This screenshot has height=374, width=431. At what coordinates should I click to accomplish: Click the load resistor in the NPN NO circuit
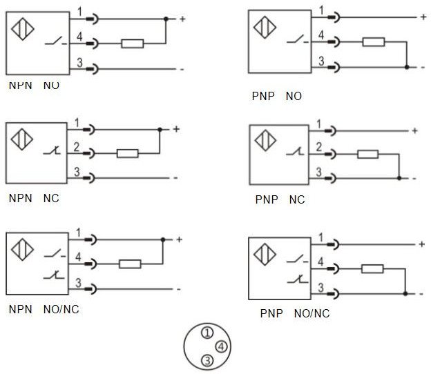pos(132,44)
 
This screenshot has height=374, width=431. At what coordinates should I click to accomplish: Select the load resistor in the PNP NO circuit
pos(373,42)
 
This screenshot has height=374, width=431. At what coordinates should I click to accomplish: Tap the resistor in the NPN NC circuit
pos(128,152)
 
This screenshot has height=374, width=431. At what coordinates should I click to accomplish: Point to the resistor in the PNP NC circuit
pos(368,153)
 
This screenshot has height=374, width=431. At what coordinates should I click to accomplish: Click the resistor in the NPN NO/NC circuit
pos(131,263)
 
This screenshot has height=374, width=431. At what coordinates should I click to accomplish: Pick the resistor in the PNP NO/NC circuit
pos(373,269)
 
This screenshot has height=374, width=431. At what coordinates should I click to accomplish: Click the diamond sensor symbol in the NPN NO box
pos(22,30)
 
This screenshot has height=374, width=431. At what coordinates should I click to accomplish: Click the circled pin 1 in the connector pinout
pos(205,333)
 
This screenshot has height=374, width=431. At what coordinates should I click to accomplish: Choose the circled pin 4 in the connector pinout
pos(219,346)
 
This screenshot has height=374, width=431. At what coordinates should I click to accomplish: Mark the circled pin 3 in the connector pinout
pos(206,360)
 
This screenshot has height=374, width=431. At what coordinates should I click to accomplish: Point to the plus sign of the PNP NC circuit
pos(414,130)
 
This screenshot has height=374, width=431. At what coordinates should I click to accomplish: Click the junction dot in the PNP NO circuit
pos(406,67)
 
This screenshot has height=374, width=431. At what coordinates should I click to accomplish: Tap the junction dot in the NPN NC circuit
pos(160,129)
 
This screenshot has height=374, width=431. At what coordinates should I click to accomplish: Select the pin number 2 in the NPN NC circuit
pos(77,146)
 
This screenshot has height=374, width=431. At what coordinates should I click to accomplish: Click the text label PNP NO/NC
pos(295,313)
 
